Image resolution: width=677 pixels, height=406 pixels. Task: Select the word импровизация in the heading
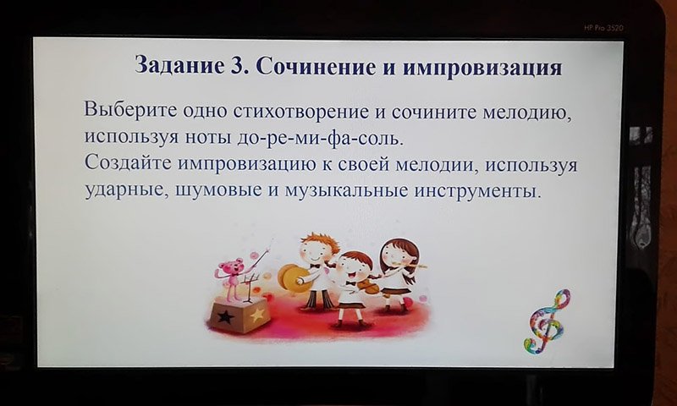[x=482, y=69]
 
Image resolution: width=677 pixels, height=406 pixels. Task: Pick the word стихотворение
[x=300, y=112]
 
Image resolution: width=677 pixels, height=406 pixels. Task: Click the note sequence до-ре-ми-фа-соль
[x=321, y=138]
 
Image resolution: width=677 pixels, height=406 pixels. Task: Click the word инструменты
[x=477, y=190]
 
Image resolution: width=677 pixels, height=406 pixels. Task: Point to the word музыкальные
[x=346, y=190]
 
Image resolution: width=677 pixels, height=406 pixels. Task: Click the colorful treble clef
[x=546, y=321]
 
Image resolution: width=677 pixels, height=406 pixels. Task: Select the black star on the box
[x=225, y=317]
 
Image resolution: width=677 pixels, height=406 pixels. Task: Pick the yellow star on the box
[x=257, y=315]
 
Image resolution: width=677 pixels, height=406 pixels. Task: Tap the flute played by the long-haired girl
[x=410, y=265]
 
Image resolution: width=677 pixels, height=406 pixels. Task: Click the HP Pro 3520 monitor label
[x=603, y=28]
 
